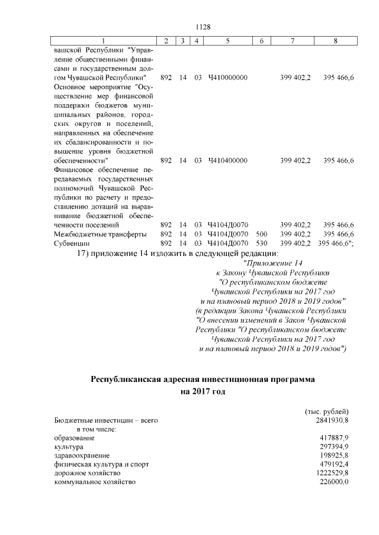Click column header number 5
[228, 41]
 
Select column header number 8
[336, 41]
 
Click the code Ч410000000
[228, 77]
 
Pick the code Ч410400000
[228, 160]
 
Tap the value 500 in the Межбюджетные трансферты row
[262, 234]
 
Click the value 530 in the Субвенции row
[262, 243]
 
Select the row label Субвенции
[72, 243]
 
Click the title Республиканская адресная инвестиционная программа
[203, 378]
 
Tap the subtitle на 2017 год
[203, 391]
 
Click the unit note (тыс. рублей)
[326, 411]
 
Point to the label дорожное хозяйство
[87, 474]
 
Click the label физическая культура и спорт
[98, 465]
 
